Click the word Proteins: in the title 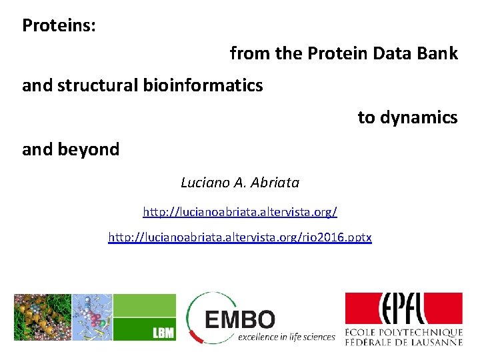59,25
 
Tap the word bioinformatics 203,85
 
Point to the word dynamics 419,118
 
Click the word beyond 89,150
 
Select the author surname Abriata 275,183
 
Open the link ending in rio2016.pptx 240,237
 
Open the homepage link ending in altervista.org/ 240,211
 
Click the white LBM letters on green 163,333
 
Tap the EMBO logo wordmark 240,319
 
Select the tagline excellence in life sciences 287,337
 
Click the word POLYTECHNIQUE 421,333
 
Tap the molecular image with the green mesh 43,317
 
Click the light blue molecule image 92,317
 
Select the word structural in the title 97,85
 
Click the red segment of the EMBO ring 196,337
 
